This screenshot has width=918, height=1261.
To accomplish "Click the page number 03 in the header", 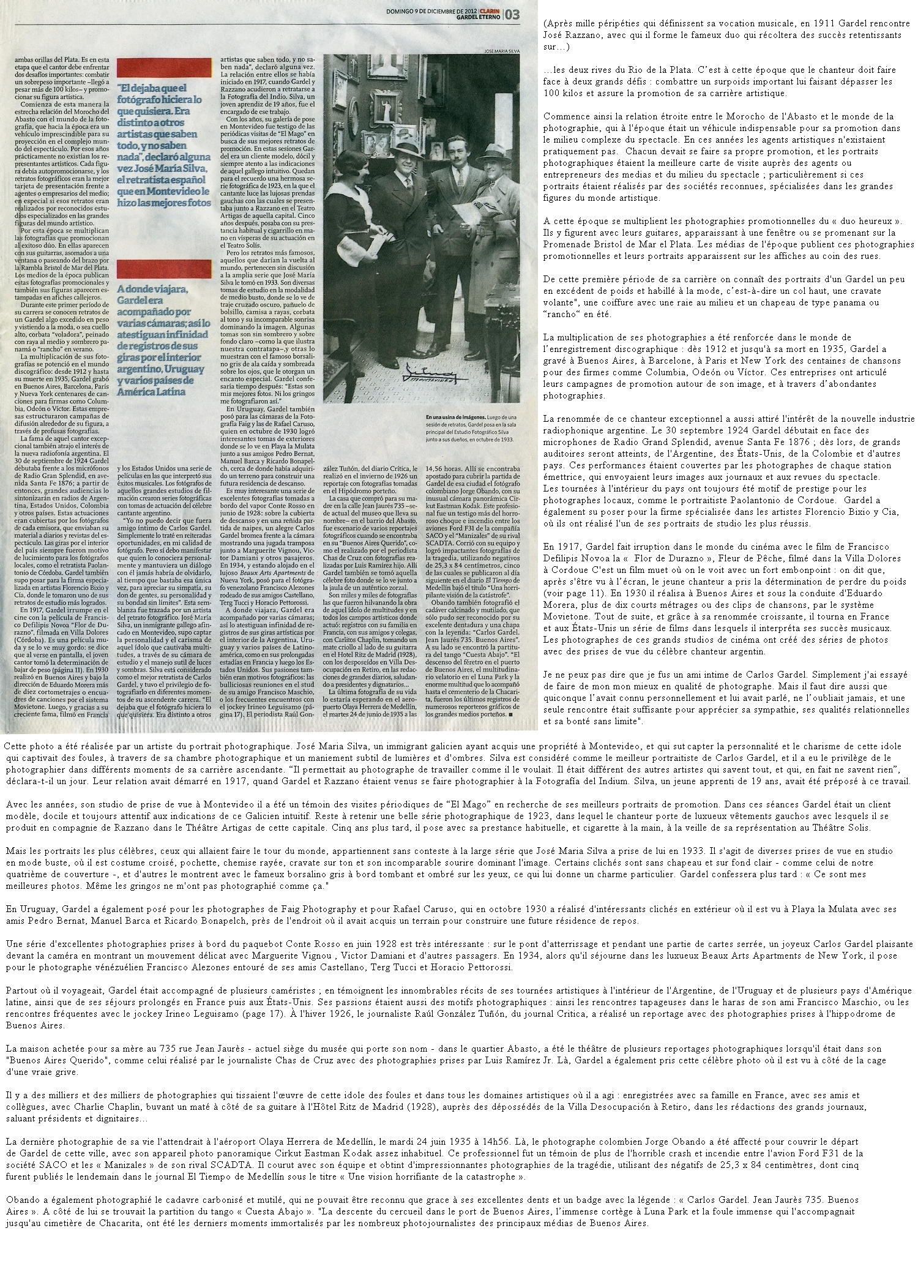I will pos(513,14).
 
